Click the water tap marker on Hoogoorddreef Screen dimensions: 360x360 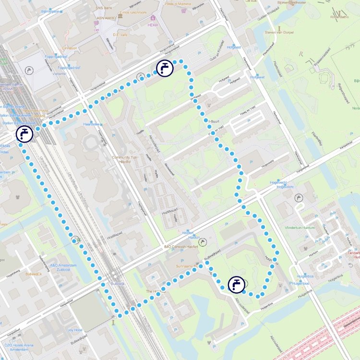point(165,69)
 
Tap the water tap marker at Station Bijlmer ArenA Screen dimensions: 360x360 point(24,134)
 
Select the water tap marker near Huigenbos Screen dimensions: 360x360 point(236,285)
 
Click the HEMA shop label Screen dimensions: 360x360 point(153,24)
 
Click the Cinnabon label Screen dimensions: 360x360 point(69,48)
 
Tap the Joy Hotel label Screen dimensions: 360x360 point(75,330)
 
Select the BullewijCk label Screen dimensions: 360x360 point(34,274)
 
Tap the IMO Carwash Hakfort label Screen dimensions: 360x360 point(181,247)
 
